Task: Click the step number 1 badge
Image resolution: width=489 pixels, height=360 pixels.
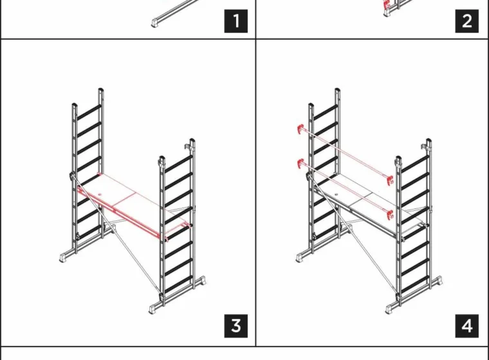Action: (x=235, y=21)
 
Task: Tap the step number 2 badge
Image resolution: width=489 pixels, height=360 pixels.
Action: (x=467, y=21)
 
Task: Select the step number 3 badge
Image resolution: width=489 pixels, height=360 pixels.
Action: (x=235, y=326)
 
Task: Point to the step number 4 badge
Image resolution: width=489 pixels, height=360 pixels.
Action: (x=467, y=326)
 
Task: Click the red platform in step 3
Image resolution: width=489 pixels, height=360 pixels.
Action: (x=134, y=206)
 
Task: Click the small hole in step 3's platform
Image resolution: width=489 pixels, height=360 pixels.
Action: (x=100, y=195)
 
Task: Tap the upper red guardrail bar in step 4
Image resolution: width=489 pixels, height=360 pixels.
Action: (x=345, y=154)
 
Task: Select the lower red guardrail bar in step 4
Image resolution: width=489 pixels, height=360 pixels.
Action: (x=345, y=188)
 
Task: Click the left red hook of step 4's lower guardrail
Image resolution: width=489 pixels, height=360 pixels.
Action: (x=300, y=163)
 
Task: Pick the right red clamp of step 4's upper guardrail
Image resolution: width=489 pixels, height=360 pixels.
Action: (x=390, y=181)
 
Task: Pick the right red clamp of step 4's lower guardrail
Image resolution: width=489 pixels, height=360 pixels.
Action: (x=390, y=215)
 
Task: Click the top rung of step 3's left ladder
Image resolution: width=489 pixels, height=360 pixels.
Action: (x=89, y=113)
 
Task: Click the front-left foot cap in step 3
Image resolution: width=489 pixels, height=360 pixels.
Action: (x=64, y=258)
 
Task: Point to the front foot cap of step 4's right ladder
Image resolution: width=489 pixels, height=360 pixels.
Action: (x=391, y=309)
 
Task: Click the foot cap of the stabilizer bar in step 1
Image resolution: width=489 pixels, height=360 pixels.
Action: (x=156, y=23)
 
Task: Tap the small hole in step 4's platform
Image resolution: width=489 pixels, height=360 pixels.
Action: (x=337, y=194)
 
